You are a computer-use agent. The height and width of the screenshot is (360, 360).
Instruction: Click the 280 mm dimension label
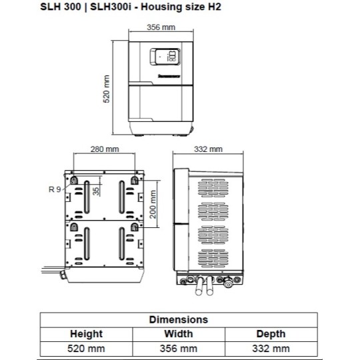pyautogui.click(x=105, y=150)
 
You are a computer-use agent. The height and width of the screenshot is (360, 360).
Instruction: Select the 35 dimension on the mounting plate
pyautogui.click(x=97, y=191)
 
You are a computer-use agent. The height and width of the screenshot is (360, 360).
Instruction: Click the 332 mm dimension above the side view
pyautogui.click(x=207, y=150)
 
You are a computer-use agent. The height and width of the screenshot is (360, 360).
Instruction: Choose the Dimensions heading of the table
pyautogui.click(x=178, y=319)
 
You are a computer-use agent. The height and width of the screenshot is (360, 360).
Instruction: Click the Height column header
pyautogui.click(x=86, y=333)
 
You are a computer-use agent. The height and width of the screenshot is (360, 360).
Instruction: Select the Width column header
pyautogui.click(x=178, y=333)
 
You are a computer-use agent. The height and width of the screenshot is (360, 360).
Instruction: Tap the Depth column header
pyautogui.click(x=271, y=333)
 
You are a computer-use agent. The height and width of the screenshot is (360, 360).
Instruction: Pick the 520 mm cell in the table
pyautogui.click(x=86, y=348)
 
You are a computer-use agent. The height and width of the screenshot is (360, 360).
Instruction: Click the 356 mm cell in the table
pyautogui.click(x=178, y=348)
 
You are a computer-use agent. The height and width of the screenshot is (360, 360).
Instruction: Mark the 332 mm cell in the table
pyautogui.click(x=271, y=348)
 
